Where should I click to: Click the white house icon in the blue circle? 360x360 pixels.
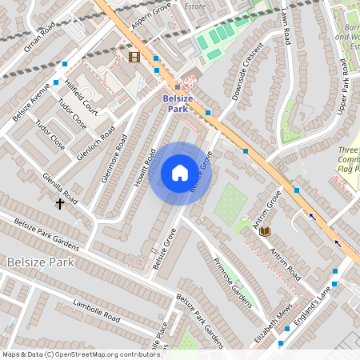click(x=180, y=172)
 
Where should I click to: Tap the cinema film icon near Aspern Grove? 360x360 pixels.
click(x=134, y=57)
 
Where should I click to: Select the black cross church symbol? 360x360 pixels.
click(x=59, y=204)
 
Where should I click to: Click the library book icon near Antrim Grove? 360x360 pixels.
click(x=265, y=231)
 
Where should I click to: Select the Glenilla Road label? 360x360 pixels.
click(x=60, y=189)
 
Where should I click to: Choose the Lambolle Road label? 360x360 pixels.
click(x=96, y=312)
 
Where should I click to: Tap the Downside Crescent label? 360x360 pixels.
click(x=247, y=78)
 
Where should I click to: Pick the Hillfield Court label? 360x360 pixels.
click(x=82, y=98)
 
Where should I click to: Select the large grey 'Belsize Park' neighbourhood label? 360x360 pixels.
click(x=40, y=262)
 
